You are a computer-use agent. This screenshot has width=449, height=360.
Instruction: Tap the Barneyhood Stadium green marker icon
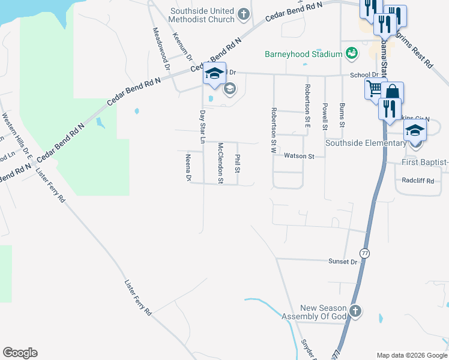[x=352, y=54]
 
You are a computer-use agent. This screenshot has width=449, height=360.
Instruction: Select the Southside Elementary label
[x=366, y=143]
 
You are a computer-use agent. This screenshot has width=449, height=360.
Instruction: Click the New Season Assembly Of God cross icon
[x=355, y=311]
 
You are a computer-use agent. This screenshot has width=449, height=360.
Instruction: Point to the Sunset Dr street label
[x=342, y=262]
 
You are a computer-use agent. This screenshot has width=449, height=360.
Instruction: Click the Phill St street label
[x=238, y=163]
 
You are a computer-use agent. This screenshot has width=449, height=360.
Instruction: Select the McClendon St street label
[x=220, y=163]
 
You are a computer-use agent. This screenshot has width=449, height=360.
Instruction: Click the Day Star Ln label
[x=202, y=126]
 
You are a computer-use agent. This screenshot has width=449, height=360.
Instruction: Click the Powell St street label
[x=324, y=116]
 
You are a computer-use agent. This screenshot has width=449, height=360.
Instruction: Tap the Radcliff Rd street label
[x=418, y=180]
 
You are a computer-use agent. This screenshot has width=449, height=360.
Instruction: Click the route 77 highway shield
[x=364, y=253]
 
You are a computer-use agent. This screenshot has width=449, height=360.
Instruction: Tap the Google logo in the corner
[x=20, y=353]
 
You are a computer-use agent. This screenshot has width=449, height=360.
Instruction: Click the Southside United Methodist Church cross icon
[x=244, y=14]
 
